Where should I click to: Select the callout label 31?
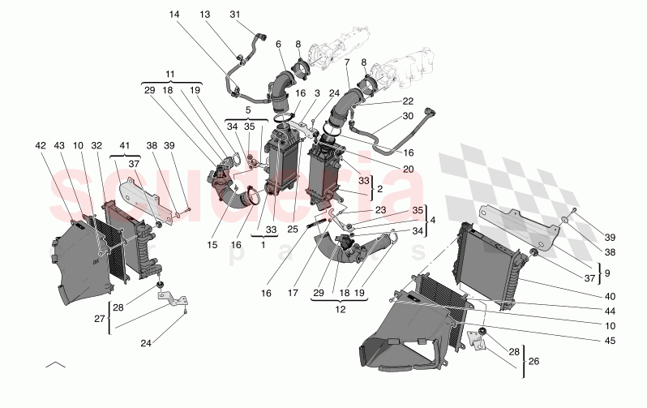pos(235,15)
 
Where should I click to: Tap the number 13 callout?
pos(204,15)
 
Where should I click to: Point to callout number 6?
pos(278,44)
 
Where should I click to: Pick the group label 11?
pos(170,74)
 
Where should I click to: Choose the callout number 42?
pos(41,145)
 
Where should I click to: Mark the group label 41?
pos(124,145)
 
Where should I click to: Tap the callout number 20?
pos(408,170)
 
